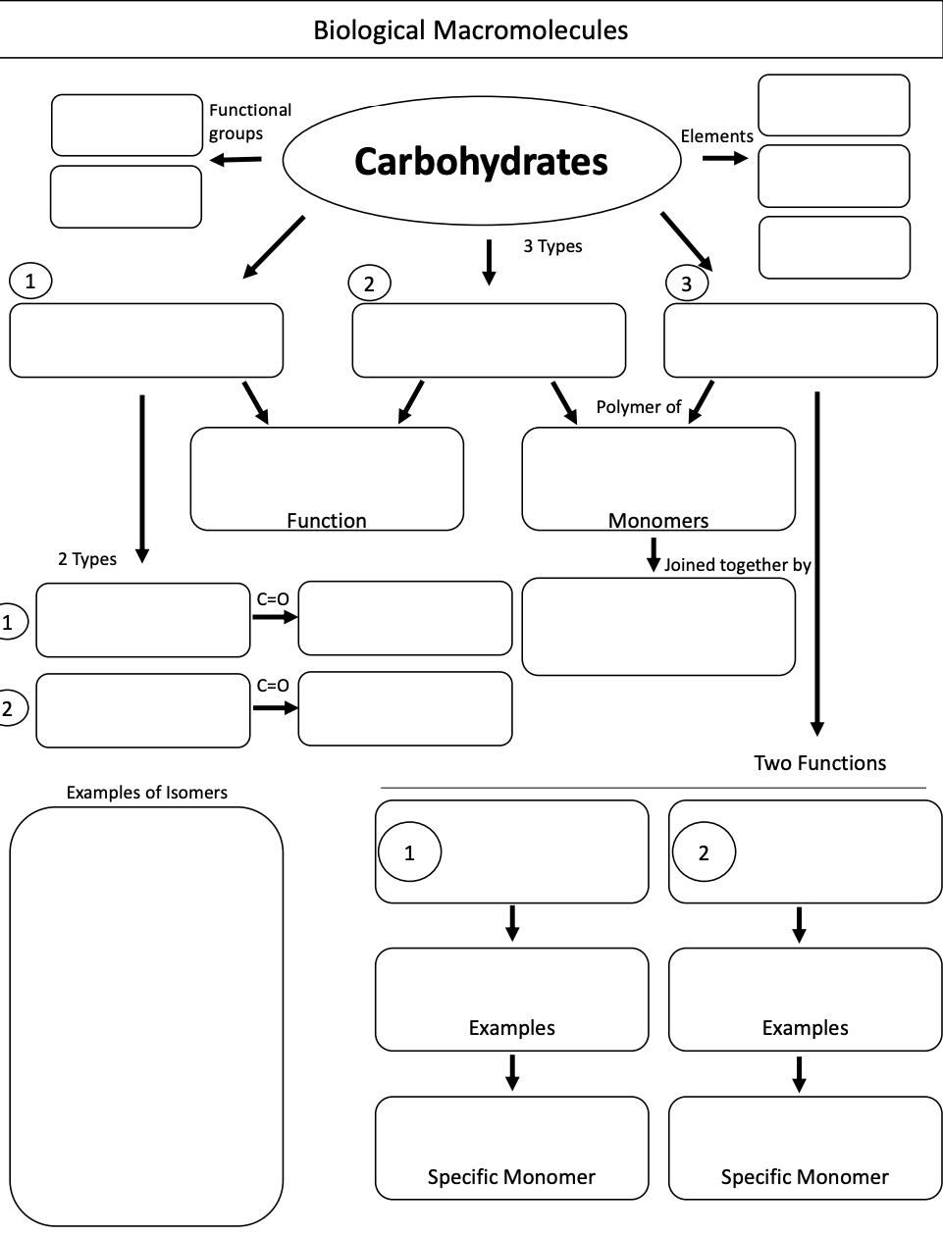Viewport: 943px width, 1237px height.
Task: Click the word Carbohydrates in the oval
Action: tap(481, 162)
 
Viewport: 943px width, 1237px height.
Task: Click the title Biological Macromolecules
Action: tap(470, 30)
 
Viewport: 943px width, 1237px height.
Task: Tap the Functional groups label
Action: tap(249, 122)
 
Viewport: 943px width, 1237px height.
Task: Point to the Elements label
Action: tap(716, 136)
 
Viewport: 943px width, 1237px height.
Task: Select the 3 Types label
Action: tap(551, 246)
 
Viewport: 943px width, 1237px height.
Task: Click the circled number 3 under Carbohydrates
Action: tap(686, 284)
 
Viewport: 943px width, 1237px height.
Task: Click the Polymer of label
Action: tap(638, 407)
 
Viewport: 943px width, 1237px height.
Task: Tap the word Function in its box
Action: tap(326, 520)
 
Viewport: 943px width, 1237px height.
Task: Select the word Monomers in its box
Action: tap(657, 520)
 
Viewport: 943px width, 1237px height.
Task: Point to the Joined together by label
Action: tap(737, 565)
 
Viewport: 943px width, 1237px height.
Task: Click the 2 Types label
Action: tap(86, 559)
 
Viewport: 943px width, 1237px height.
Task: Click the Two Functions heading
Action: tap(819, 763)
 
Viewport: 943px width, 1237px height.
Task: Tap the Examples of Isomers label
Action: tap(146, 793)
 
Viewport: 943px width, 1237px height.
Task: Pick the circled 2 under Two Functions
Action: tap(704, 852)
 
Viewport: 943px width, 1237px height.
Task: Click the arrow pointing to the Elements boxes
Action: tap(725, 159)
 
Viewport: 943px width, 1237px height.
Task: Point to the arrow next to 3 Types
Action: tap(488, 262)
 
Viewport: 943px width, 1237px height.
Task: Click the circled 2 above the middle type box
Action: tap(369, 284)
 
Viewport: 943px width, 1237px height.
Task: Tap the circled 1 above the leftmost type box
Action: tap(30, 282)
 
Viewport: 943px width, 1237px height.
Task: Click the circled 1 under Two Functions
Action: tap(409, 852)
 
